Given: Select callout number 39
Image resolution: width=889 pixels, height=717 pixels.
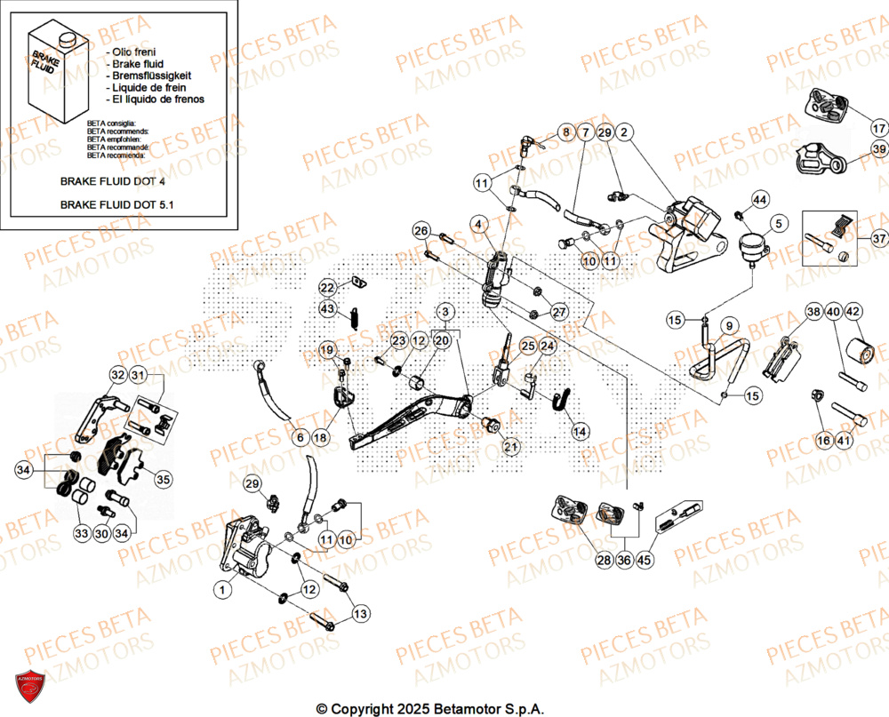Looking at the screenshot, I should (x=878, y=149).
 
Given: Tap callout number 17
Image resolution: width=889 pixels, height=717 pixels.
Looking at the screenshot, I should (x=878, y=114).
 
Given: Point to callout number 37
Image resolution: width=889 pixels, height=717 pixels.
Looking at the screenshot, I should (x=878, y=239).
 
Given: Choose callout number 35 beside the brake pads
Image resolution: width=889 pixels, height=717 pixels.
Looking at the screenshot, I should (x=163, y=480).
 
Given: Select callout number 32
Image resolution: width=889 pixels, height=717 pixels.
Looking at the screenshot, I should (x=118, y=376).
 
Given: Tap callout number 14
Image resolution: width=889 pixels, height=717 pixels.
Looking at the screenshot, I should (x=580, y=432).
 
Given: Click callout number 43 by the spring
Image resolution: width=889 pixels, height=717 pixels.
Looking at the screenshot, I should (x=328, y=308).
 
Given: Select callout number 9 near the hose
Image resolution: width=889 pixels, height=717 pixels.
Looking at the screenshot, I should (x=728, y=326).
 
